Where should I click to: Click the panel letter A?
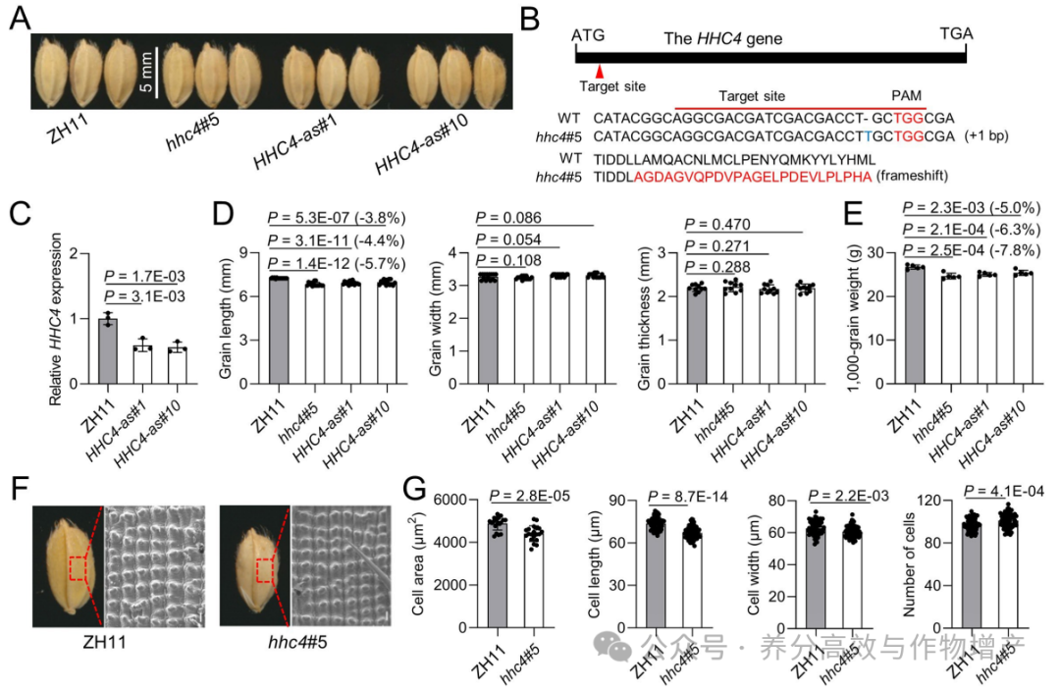[20, 17]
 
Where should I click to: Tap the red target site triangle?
[599, 71]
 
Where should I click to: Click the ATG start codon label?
[588, 35]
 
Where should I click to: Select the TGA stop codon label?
[956, 33]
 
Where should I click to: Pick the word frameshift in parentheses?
[912, 176]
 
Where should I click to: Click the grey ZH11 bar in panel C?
[108, 351]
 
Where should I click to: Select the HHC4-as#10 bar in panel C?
[178, 366]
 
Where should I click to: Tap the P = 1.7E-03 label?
[144, 276]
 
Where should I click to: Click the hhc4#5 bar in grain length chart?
[315, 334]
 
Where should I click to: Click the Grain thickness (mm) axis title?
[644, 319]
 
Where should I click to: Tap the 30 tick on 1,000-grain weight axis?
[875, 253]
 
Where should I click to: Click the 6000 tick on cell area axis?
[450, 500]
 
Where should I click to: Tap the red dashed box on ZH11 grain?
[78, 568]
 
